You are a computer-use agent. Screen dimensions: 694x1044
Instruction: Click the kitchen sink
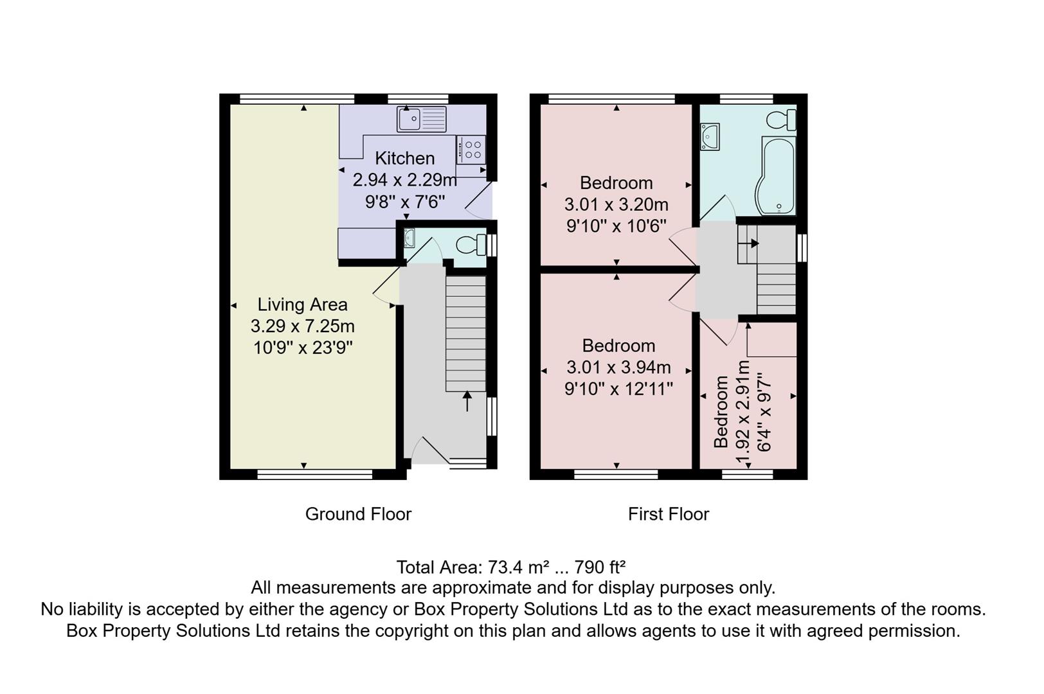point(421,119)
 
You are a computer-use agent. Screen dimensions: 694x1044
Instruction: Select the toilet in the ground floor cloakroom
point(471,245)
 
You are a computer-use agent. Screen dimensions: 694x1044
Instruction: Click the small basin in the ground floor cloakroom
point(410,238)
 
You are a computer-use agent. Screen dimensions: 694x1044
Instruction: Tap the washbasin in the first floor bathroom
point(710,137)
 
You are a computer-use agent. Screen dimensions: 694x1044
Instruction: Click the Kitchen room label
point(404,158)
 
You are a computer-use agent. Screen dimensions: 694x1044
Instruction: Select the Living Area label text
point(302,305)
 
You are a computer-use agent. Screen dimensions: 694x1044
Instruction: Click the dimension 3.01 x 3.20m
point(616,205)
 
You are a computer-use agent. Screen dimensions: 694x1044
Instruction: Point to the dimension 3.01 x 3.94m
point(618,368)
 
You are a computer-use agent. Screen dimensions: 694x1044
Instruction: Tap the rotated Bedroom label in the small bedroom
point(721,412)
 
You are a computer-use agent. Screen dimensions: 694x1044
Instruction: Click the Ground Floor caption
point(358,514)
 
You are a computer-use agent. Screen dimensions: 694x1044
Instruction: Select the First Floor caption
point(668,514)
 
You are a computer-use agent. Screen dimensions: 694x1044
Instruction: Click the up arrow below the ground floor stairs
point(467,402)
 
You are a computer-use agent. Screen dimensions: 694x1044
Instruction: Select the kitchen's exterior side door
point(480,200)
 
